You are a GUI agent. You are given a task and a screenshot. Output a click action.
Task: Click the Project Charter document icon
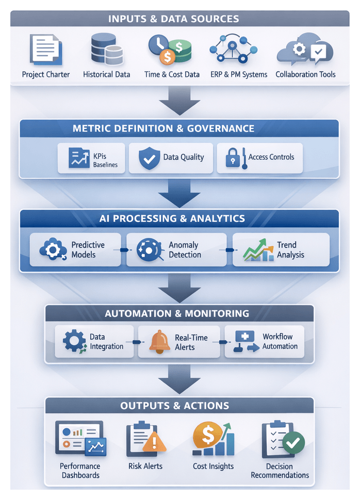[x=46, y=49]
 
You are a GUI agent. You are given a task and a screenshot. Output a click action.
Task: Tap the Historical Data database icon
[x=106, y=49]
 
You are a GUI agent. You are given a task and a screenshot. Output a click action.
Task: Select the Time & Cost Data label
[x=172, y=74]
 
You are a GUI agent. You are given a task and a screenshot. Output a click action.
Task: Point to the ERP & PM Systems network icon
[x=231, y=49]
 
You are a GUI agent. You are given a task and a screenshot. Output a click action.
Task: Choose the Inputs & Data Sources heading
[x=180, y=19]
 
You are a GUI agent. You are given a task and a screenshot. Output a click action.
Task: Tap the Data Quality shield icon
[x=150, y=158]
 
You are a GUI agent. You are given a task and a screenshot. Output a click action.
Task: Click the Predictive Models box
[x=75, y=249]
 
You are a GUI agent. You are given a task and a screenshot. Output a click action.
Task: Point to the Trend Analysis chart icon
[x=258, y=250]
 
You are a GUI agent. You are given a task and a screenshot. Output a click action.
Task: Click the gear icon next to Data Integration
[x=74, y=342]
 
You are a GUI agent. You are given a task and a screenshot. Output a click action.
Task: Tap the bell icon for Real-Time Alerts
[x=159, y=342]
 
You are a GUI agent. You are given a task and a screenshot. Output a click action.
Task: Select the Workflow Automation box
[x=264, y=342]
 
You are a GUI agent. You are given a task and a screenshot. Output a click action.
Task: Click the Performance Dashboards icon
[x=80, y=439]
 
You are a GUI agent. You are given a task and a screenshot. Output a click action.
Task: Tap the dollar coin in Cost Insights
[x=206, y=436]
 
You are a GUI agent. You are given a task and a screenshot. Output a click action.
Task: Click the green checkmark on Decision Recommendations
[x=295, y=442]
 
